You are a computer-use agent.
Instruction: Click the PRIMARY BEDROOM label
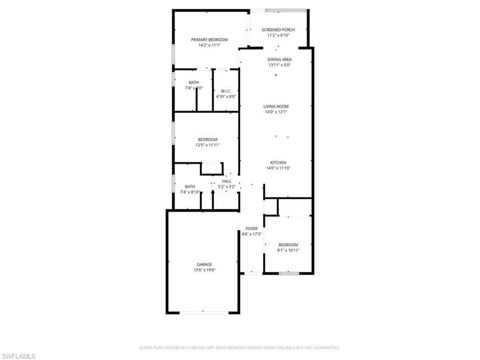pos(209,40)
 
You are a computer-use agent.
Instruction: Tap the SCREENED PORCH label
pos(278,30)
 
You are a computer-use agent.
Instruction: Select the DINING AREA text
pos(279,60)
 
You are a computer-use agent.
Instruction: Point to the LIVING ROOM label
pos(276,106)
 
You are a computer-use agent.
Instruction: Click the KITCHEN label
pos(278,163)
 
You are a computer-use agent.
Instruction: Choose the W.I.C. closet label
pos(225,91)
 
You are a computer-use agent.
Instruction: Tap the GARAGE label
pos(204,264)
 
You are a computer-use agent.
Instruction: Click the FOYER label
pos(251,229)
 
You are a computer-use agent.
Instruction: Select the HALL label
pos(227,181)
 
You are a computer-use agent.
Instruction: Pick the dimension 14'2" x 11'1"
pos(209,45)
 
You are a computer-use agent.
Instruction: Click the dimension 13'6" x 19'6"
pos(204,270)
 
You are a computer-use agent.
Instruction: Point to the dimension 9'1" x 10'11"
pos(288,250)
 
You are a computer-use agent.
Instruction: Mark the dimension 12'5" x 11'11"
pos(208,145)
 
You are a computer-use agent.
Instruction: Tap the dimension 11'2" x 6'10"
pos(278,35)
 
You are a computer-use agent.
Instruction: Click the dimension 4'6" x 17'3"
pos(251,234)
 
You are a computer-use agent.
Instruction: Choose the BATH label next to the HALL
pos(190,187)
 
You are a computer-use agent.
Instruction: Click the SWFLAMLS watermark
pos(18,357)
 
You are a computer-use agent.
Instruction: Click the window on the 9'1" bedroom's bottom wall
pos(289,273)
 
